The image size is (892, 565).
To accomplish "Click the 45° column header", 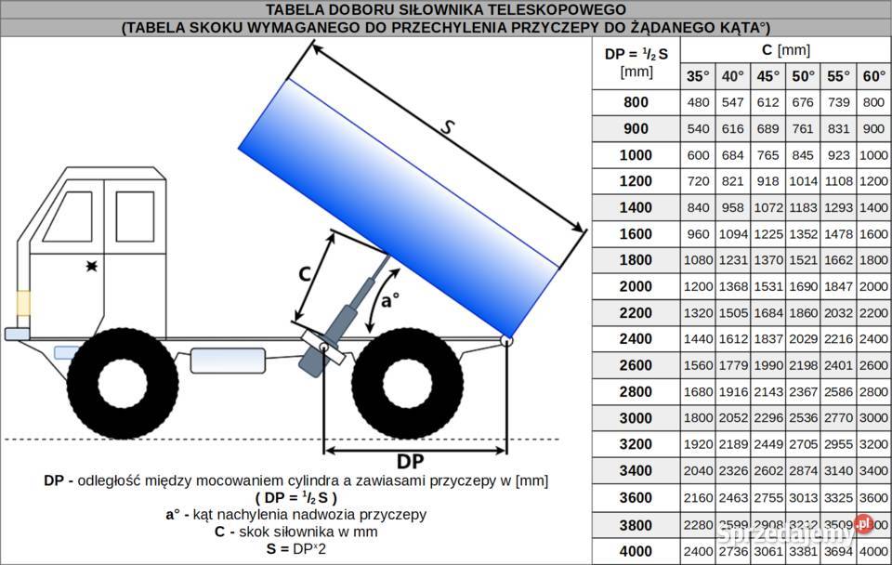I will (768, 76).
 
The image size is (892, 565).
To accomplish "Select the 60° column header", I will (873, 76).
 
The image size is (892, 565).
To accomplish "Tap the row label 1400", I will (636, 207).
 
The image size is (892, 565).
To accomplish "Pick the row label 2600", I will (636, 365).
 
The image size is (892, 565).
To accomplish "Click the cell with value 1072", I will (768, 207).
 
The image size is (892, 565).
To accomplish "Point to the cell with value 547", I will (733, 102).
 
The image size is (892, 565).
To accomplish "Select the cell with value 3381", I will (804, 551).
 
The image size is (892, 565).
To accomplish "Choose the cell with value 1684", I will (768, 313).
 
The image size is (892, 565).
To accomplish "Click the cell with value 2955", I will (839, 444).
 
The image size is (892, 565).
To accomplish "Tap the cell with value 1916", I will (733, 392).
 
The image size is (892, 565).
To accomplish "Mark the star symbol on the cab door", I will (91, 267).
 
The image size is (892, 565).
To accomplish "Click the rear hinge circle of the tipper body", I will (505, 340).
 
